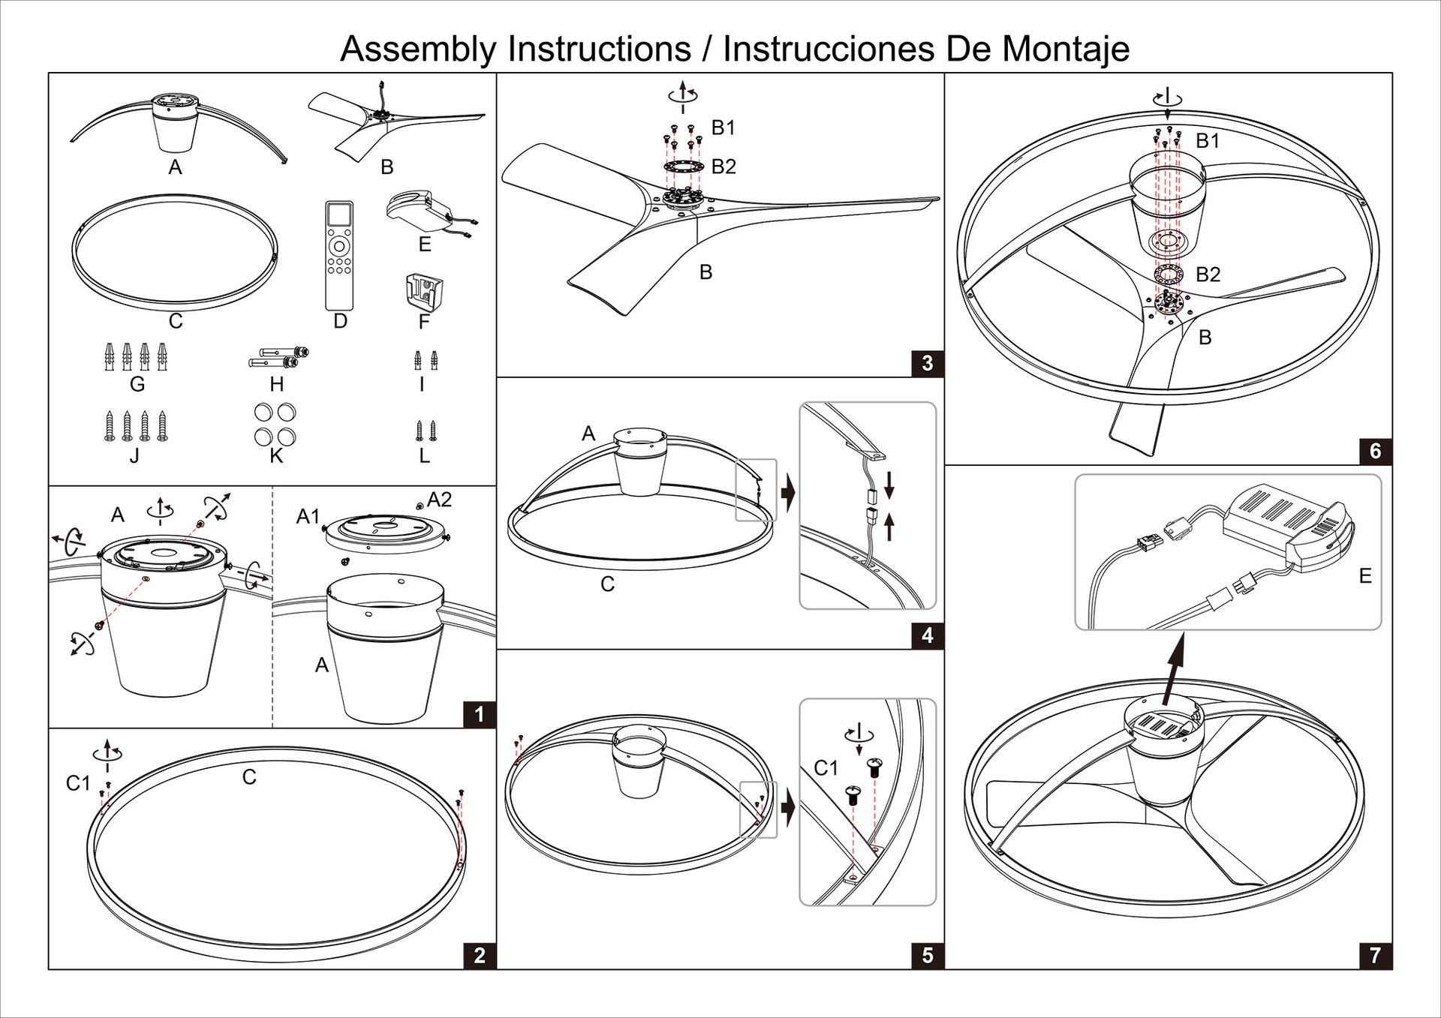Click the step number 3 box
pos(928,364)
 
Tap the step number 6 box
pos(1375,451)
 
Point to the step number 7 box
pos(1375,955)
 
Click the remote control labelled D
pos(339,255)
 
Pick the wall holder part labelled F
pos(423,291)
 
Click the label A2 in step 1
pos(439,500)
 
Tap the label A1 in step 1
pos(308,516)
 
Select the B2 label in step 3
pos(724,167)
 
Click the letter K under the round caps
pos(276,456)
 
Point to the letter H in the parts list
pos(277,385)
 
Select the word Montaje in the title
pos(1066,50)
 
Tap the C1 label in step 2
pos(78,783)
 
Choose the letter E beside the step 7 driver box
pos(1365,576)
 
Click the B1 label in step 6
pos(1208,141)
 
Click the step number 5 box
pos(928,955)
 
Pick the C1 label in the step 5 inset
pos(826,768)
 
